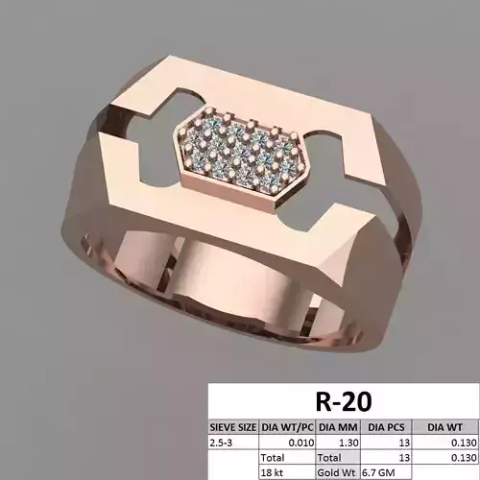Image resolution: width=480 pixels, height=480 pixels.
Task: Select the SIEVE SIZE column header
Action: pos(233,426)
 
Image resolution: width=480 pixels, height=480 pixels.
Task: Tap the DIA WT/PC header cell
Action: pos(286,426)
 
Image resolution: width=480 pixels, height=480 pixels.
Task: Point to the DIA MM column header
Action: pos(335,426)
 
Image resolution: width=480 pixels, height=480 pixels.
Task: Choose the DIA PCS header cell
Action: pos(386,426)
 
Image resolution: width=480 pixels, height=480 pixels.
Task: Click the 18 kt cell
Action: pos(275,472)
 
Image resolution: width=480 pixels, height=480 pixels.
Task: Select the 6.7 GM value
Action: pos(380,472)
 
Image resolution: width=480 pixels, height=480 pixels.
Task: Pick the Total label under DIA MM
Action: pos(328,458)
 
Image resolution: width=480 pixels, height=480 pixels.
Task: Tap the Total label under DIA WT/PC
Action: pos(274,458)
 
